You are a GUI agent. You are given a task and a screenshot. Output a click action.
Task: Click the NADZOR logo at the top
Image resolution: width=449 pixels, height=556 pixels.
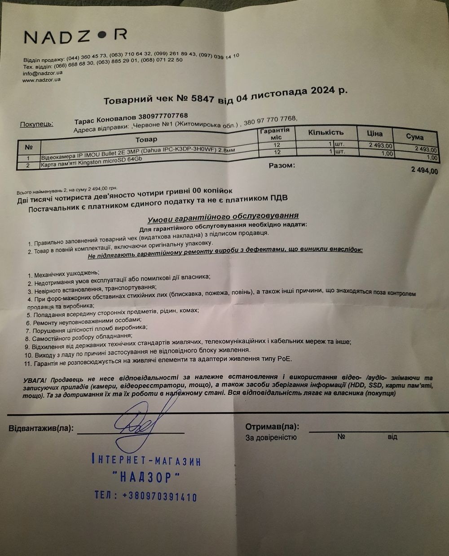point(75,36)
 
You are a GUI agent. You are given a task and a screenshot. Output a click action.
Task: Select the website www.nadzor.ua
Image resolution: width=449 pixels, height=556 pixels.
point(41,80)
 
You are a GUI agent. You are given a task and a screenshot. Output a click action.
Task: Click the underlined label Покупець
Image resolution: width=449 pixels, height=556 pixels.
point(36,124)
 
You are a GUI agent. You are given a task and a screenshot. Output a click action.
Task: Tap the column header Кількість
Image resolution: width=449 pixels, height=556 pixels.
point(326,132)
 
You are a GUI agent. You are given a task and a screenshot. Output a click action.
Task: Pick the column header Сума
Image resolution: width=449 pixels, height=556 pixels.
point(414,137)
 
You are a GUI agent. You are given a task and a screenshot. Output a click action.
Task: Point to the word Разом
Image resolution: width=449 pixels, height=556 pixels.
point(282,166)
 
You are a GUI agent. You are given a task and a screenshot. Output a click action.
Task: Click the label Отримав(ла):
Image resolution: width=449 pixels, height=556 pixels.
point(272,427)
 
